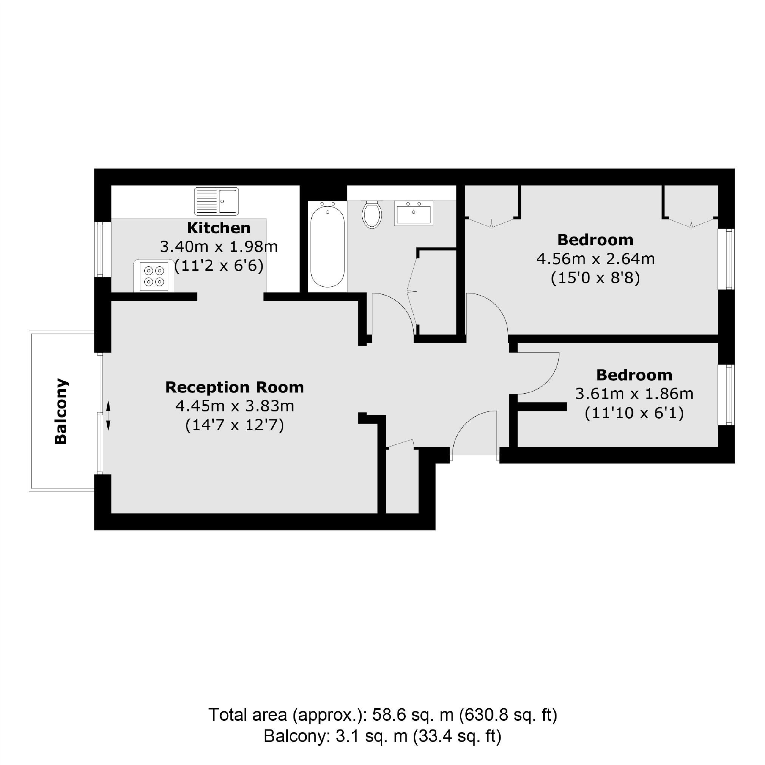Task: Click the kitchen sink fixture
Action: [216, 201]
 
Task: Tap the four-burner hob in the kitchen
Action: [154, 276]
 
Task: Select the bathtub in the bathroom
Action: [327, 246]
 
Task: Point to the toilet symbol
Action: [372, 215]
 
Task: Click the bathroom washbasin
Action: [413, 213]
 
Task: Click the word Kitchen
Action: [219, 228]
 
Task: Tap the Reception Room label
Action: [234, 387]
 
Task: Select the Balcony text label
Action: [61, 411]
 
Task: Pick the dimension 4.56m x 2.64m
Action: [595, 259]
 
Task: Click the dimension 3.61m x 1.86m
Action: [634, 394]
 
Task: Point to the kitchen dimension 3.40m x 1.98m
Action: [219, 247]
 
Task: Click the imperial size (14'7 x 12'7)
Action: [234, 425]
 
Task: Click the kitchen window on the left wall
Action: [100, 249]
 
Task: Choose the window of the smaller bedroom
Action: [727, 394]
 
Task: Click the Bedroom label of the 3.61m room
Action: [634, 375]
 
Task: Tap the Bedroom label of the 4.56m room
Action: [595, 240]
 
